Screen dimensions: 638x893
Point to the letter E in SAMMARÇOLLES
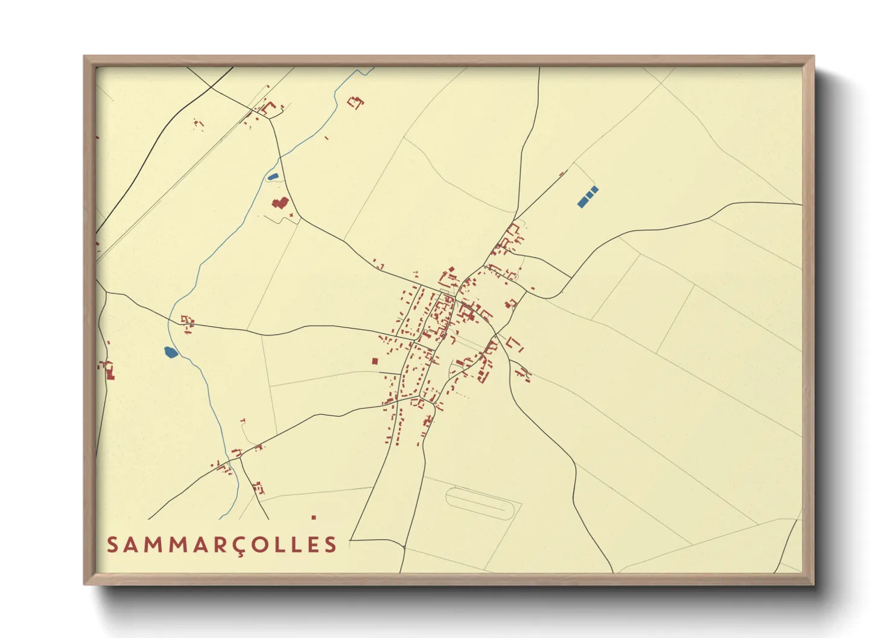coord(312,545)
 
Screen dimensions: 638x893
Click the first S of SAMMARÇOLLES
coord(112,545)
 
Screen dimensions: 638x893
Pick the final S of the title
coord(331,545)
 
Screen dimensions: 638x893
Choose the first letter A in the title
coord(131,545)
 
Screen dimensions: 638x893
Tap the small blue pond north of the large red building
coord(273,177)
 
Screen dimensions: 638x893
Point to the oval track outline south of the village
coord(483,502)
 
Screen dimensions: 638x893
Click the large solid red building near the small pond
coord(280,203)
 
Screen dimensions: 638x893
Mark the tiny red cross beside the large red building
coord(292,215)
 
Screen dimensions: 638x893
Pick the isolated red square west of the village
coord(375,361)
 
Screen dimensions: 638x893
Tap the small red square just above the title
coord(314,517)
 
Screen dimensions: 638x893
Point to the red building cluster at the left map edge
coord(108,369)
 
